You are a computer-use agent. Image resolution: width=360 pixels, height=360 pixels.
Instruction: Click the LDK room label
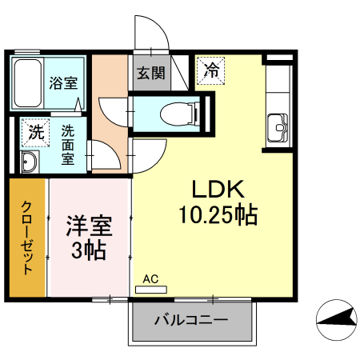click(x=212, y=190)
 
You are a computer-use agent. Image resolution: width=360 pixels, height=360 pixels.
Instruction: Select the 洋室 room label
click(x=87, y=225)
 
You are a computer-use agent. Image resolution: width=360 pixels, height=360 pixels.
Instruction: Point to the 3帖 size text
click(x=87, y=250)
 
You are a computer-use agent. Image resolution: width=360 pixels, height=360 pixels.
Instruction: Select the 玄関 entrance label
click(x=150, y=74)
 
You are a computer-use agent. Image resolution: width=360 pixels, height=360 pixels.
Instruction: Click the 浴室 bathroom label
click(x=62, y=82)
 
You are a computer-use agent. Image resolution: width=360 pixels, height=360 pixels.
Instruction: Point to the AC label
click(x=150, y=279)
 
